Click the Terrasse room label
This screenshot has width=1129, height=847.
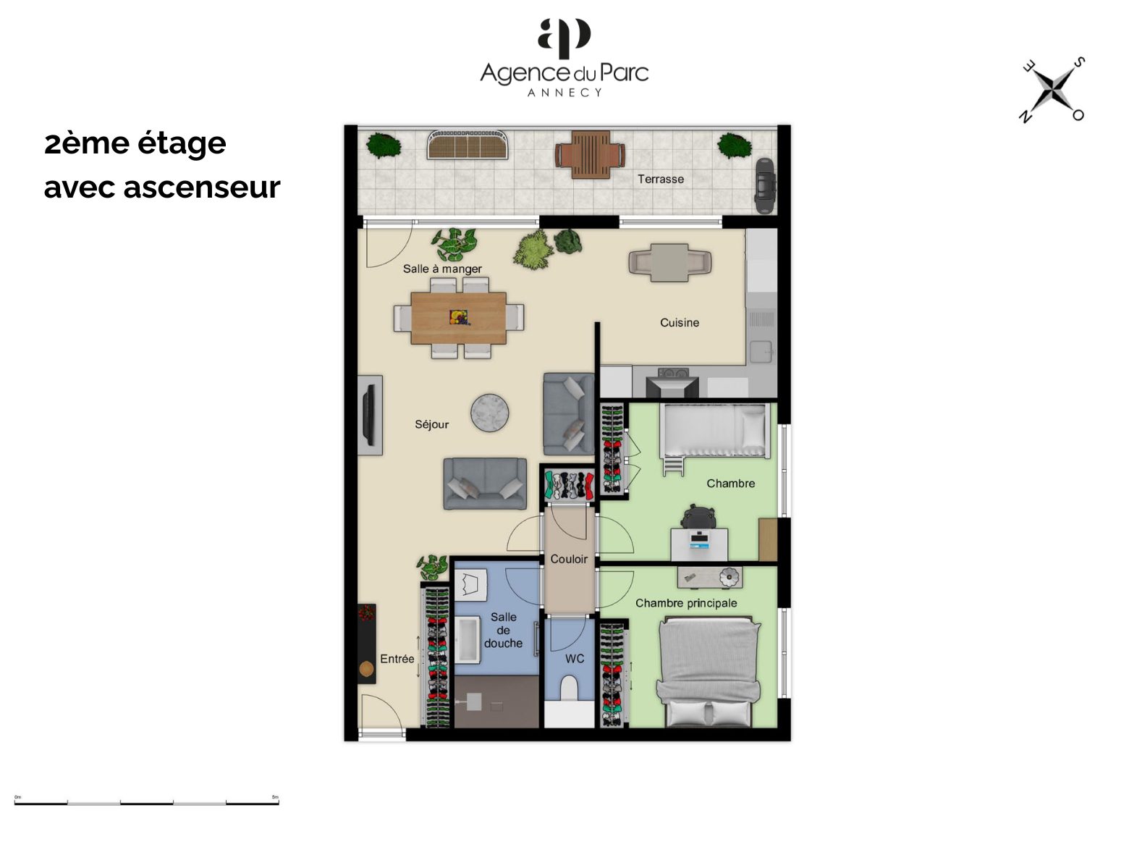coord(661,179)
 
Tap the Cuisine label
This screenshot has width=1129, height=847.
coord(680,322)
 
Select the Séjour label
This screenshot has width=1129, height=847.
coord(431,424)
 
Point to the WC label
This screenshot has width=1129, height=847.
coord(575,659)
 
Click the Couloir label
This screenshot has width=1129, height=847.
coord(569,559)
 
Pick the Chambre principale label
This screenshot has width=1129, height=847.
coord(686,603)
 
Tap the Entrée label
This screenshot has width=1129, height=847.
coord(397,659)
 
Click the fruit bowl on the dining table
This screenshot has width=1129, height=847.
coord(458,317)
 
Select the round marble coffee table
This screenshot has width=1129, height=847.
coord(490,413)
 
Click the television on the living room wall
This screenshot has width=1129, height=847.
coord(368,415)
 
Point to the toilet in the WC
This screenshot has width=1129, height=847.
coord(569,688)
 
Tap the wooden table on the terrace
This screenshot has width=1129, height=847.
coord(590,154)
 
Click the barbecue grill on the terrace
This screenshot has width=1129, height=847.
coord(765,185)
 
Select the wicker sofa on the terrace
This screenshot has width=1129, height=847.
coord(468,144)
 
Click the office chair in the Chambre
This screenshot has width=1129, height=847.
coord(698,516)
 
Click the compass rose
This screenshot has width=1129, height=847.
coord(1053,90)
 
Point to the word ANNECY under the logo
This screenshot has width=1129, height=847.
coord(564,93)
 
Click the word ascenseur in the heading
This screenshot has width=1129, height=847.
coord(202,187)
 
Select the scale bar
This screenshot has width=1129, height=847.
coord(147,803)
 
